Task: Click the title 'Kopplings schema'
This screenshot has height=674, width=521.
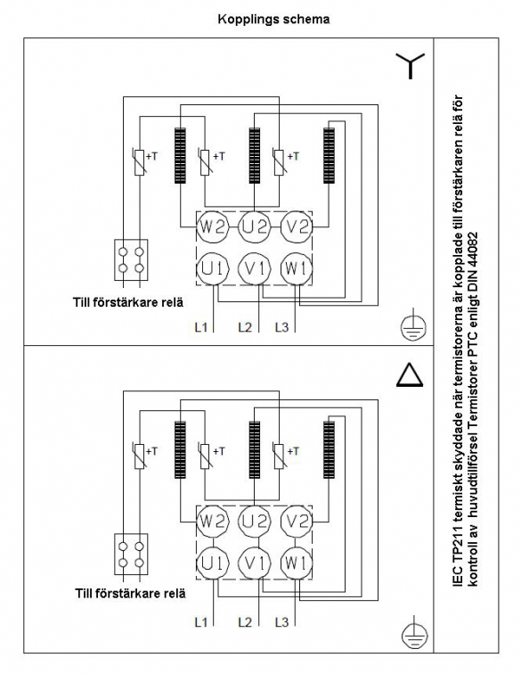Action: point(273,20)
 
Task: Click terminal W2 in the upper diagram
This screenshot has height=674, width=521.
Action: point(212,226)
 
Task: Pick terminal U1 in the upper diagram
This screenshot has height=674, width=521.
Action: point(212,268)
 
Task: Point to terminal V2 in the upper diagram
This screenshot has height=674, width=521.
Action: point(297,226)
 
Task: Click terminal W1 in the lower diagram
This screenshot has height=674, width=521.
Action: point(296,563)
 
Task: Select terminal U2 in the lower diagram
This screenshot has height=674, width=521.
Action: point(255,522)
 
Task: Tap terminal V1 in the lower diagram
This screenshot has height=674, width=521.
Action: point(255,563)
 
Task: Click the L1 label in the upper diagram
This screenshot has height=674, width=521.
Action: point(201,327)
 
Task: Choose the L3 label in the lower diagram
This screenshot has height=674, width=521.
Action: point(281,622)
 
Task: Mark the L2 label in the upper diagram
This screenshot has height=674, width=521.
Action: point(245,327)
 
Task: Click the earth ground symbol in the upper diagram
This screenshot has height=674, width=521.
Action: point(413,325)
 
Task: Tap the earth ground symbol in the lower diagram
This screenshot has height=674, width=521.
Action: point(414,633)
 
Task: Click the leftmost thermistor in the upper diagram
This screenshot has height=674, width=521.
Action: point(139,162)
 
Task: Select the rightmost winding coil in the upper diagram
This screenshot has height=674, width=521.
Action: point(329,156)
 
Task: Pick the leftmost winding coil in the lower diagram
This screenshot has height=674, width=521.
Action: point(181,449)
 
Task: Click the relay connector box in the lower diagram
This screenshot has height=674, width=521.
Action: point(131,554)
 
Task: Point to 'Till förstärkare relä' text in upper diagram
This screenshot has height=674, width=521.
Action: point(128,302)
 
